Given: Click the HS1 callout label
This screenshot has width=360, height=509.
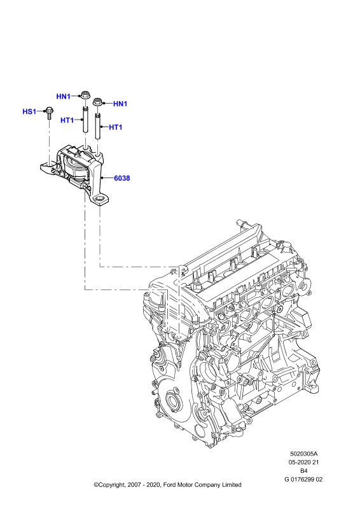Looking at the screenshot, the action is point(29,112).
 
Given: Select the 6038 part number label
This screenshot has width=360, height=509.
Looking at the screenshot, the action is point(121,178).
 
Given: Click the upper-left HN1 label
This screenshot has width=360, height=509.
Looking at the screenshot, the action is point(64,97).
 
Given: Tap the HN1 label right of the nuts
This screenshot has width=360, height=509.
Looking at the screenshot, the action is point(120,104).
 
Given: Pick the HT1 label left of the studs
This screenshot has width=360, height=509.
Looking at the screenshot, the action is point(67,120).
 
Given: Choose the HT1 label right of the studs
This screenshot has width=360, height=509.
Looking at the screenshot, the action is point(116,127).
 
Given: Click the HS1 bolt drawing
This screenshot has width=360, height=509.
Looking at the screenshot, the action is point(49,113).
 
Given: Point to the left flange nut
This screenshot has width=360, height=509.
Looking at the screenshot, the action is point(86,95).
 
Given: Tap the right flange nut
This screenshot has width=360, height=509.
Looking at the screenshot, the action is point(98,101).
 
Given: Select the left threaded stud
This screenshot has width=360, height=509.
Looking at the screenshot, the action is point(85,119).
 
